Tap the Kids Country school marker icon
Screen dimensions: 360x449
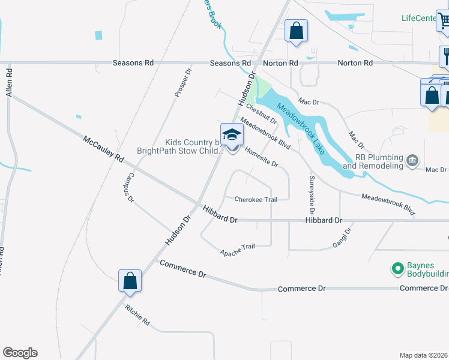pos(232,136)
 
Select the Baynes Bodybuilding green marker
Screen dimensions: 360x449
pos(397,269)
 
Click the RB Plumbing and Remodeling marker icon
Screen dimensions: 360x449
pos(412,160)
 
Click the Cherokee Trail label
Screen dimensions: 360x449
pos(256,199)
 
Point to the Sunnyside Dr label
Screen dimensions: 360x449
pos(312,195)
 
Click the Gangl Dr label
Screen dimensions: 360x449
pos(340,238)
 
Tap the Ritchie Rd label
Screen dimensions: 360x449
pos(137,315)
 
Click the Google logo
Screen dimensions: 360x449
pos(20,353)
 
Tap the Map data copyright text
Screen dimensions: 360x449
pos(424,355)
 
